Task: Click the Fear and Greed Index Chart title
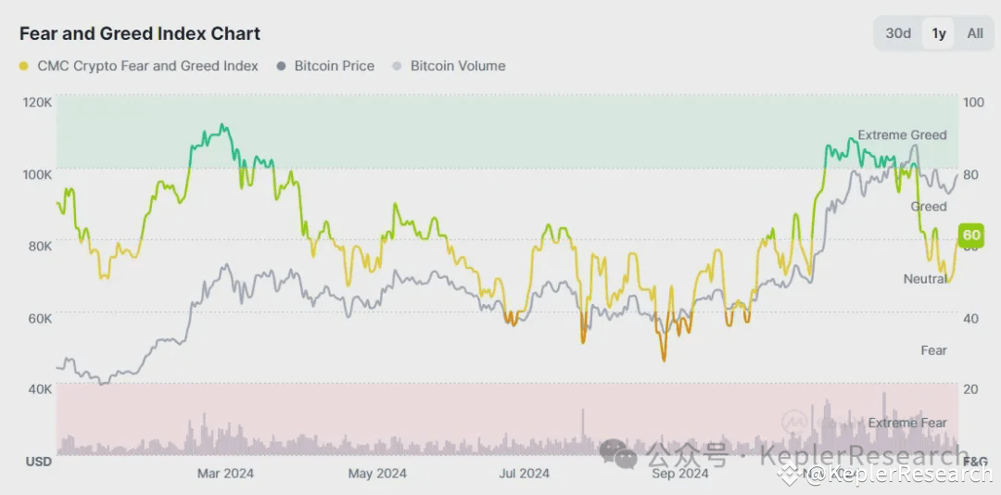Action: (x=140, y=34)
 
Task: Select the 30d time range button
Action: (x=897, y=33)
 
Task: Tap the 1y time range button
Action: (x=939, y=33)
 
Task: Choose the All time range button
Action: (x=975, y=33)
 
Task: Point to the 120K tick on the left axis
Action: (x=36, y=101)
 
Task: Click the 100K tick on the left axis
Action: (x=36, y=173)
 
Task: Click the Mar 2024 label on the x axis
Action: (x=225, y=474)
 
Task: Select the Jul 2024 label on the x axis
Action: (x=524, y=474)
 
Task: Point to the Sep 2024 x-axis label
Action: (x=680, y=474)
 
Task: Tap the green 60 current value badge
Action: (x=970, y=235)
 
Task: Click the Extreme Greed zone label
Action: (x=902, y=135)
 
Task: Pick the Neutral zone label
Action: (x=925, y=279)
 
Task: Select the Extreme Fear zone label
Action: (x=907, y=423)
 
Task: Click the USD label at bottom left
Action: (x=38, y=462)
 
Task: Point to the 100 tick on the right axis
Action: (x=973, y=101)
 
